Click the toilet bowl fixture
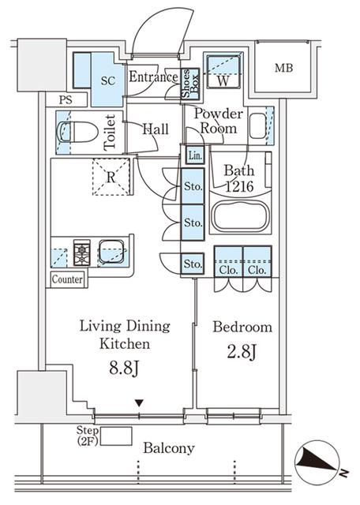pyautogui.click(x=77, y=132)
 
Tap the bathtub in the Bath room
pyautogui.click(x=240, y=215)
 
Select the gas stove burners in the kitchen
pyautogui.click(x=81, y=252)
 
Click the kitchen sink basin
pyautogui.click(x=111, y=252)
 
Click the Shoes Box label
pyautogui.click(x=190, y=83)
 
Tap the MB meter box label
pyautogui.click(x=284, y=68)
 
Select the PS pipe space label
pyautogui.click(x=66, y=100)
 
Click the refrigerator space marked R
pyautogui.click(x=111, y=177)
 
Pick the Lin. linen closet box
pyautogui.click(x=195, y=155)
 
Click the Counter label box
pyautogui.click(x=67, y=279)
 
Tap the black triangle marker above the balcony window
pyautogui.click(x=139, y=403)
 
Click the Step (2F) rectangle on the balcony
pyautogui.click(x=116, y=436)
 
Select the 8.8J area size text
pyautogui.click(x=125, y=368)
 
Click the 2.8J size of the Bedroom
pyautogui.click(x=242, y=352)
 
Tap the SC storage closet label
pyautogui.click(x=108, y=80)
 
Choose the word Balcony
pyautogui.click(x=169, y=448)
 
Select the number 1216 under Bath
pyautogui.click(x=239, y=186)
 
